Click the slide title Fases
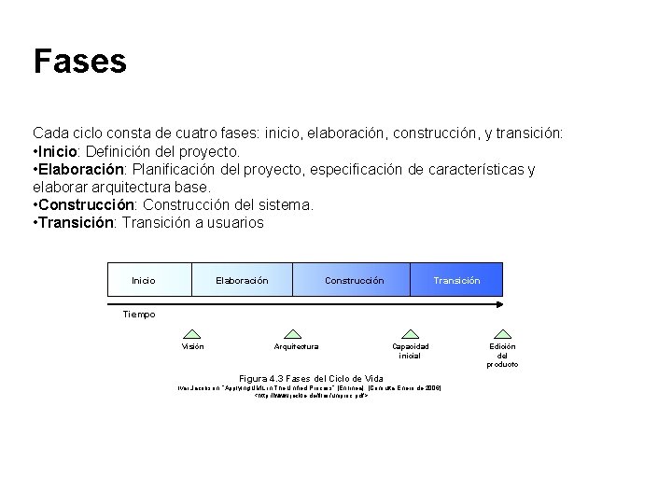click(x=79, y=62)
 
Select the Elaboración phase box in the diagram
click(x=242, y=280)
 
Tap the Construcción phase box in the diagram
click(x=353, y=280)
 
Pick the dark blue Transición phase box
click(x=456, y=280)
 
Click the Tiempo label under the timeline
click(x=140, y=315)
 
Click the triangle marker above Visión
click(x=192, y=333)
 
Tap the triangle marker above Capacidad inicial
click(x=410, y=333)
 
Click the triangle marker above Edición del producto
click(x=502, y=333)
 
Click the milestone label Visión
click(x=192, y=347)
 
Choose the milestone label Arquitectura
click(x=295, y=347)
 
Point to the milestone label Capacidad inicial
click(x=410, y=351)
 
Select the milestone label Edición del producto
click(x=502, y=356)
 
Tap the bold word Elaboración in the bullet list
click(x=81, y=169)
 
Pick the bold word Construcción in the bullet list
click(x=85, y=204)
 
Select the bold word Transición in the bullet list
click(x=75, y=222)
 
